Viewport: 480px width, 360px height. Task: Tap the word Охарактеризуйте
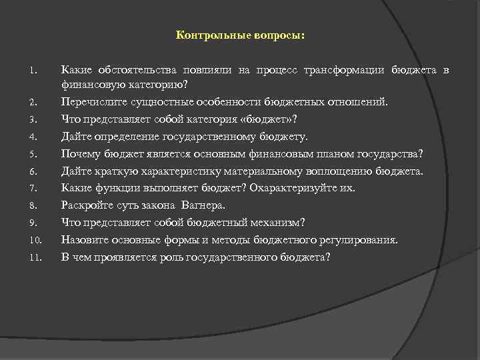point(294,188)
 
